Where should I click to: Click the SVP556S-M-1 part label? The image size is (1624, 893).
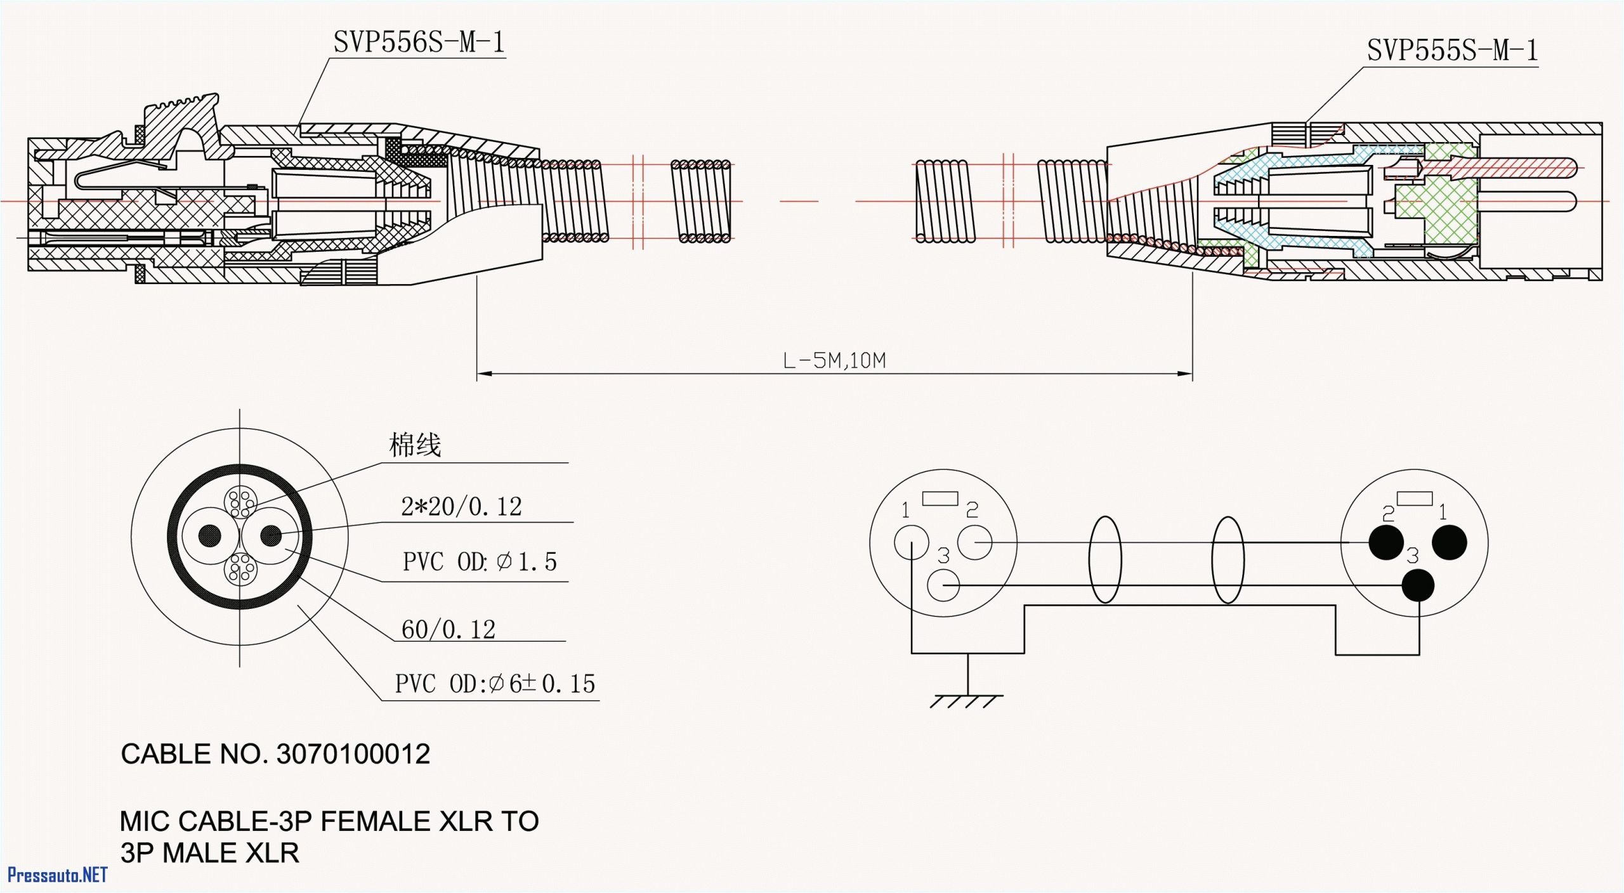[x=419, y=42]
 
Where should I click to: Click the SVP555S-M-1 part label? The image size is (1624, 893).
[x=1452, y=51]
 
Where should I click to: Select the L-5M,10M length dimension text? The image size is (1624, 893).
[x=834, y=361]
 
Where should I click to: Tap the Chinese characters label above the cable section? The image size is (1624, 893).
[x=415, y=445]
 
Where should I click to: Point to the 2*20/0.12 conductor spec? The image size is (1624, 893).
[x=461, y=507]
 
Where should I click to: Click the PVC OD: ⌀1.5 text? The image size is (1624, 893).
[x=480, y=562]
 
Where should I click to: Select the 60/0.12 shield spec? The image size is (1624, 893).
[x=448, y=630]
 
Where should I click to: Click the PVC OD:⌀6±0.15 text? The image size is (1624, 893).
[x=495, y=684]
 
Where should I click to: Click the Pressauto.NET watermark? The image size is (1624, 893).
[x=57, y=875]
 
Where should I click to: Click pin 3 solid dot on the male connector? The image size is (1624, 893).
[x=1418, y=585]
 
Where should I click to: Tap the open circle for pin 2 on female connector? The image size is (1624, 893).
[x=974, y=543]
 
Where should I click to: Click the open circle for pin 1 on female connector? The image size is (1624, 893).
[x=911, y=543]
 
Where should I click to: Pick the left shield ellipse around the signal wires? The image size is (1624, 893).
[x=1104, y=559]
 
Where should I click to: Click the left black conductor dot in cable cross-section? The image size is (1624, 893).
[x=210, y=536]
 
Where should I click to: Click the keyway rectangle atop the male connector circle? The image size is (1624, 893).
[x=1414, y=499]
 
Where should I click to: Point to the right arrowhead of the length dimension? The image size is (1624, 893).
[x=1185, y=374]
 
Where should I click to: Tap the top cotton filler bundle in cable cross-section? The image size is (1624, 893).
[x=240, y=503]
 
